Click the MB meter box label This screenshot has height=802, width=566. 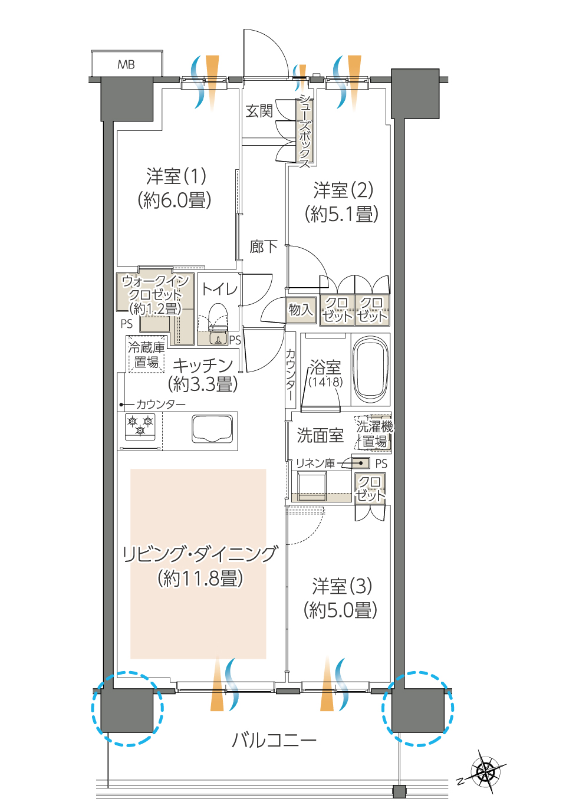point(126,65)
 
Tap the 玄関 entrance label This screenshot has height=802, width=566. point(259,111)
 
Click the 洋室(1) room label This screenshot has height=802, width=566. point(176,176)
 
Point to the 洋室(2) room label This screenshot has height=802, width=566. point(343,190)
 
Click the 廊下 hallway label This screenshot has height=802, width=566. point(264,246)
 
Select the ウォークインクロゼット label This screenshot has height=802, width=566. point(155,295)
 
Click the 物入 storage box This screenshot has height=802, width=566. point(301,310)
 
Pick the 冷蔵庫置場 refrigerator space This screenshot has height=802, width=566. point(147,354)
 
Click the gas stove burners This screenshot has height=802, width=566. point(140,426)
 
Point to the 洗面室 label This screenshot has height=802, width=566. point(320,435)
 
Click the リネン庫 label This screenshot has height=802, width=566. point(315,464)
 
